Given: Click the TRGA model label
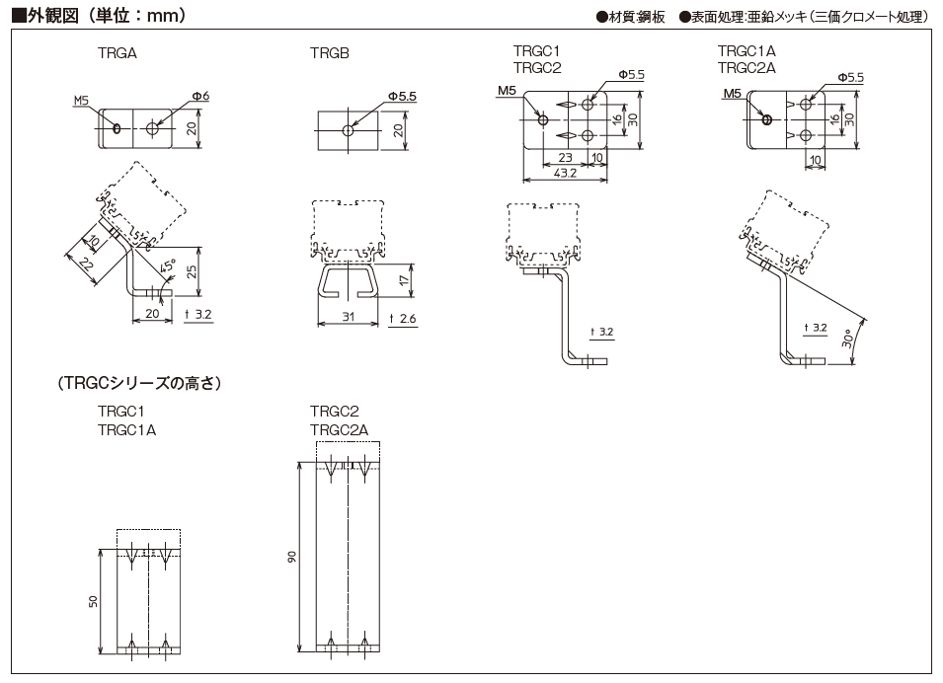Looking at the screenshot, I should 118,53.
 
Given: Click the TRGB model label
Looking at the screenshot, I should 330,53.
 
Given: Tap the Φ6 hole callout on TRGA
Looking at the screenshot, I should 200,96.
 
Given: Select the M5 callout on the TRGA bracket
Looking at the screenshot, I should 82,101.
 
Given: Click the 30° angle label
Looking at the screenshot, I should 847,341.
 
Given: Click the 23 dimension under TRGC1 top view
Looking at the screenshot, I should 565,157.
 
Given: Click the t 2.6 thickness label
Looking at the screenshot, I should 404,318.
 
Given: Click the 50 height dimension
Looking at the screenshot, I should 95,601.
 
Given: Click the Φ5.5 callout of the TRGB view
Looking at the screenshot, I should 402,96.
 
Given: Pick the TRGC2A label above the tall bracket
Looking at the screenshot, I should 339,429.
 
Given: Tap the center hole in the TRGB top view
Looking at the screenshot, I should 349,130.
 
